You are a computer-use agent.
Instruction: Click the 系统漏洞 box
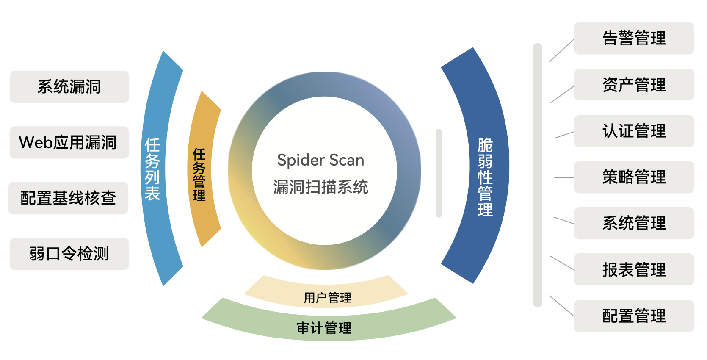pos(69,87)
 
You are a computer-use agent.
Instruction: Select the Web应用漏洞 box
pos(69,142)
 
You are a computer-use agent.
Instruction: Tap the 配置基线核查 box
pos(68,198)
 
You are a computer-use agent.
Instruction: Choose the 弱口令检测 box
pos(69,254)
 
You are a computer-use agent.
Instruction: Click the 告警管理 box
pos(634,38)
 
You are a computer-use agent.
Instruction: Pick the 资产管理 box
pos(634,85)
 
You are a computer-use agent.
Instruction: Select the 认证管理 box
pos(634,131)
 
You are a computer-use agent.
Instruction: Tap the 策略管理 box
pos(634,177)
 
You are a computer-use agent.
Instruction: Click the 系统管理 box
pos(634,223)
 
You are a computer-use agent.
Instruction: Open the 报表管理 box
pos(634,269)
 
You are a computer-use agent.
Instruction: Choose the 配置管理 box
pos(634,316)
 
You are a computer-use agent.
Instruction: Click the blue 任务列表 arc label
pos(152,169)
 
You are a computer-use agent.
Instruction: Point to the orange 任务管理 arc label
pos(199,174)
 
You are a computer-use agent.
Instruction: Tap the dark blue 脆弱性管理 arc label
pos(485,177)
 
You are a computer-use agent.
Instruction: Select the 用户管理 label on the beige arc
pos(327,297)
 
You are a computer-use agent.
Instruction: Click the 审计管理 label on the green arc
pos(324,328)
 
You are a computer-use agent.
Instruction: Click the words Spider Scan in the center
pos(320,160)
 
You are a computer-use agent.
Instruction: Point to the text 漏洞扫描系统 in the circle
pos(320,187)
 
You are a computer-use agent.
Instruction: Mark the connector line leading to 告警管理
pos(562,50)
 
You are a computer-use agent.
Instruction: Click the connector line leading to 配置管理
pos(562,306)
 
